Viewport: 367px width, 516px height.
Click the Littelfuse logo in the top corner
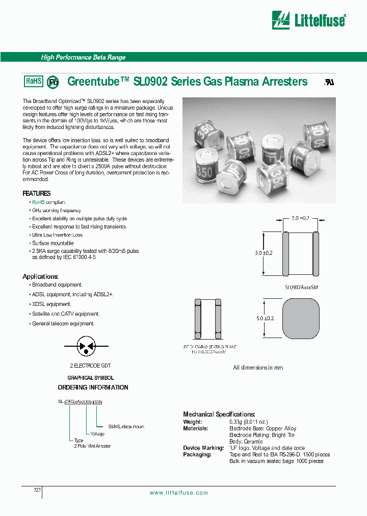coord(309,20)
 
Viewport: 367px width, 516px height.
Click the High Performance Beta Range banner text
coord(83,58)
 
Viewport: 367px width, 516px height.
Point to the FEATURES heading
coord(37,194)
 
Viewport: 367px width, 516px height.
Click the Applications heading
coord(40,276)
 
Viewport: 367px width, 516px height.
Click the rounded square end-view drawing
coord(300,318)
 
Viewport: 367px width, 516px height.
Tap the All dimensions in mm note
coord(258,368)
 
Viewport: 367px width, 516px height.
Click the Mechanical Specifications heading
coord(219,415)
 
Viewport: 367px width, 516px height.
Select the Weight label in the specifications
coord(193,422)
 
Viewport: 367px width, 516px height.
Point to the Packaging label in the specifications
coord(197,454)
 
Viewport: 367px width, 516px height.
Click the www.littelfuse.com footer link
coord(179,493)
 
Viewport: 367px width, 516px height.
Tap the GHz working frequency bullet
coord(56,211)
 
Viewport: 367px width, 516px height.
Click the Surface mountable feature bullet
coord(53,243)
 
